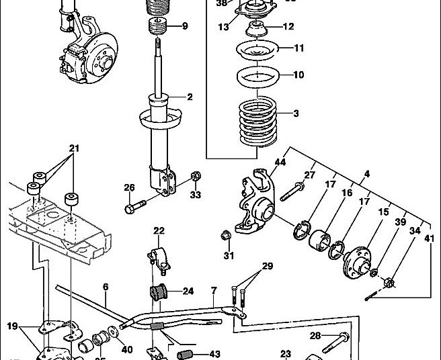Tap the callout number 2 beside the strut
(x=190, y=97)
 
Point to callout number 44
(x=280, y=163)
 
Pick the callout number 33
(x=195, y=195)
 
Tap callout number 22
(x=159, y=232)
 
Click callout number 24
(x=188, y=291)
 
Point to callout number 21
(x=74, y=147)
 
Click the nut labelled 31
(x=227, y=235)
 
